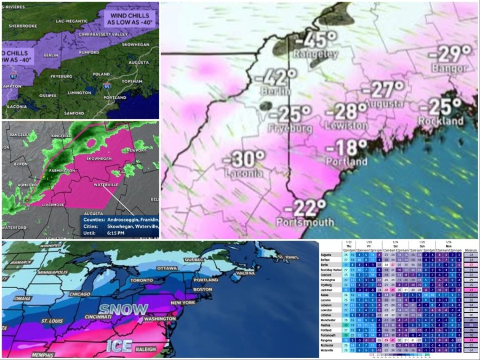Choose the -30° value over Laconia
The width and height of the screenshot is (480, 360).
click(244, 159)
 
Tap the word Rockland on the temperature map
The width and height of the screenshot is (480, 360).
click(441, 121)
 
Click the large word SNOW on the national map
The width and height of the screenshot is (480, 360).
click(124, 309)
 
